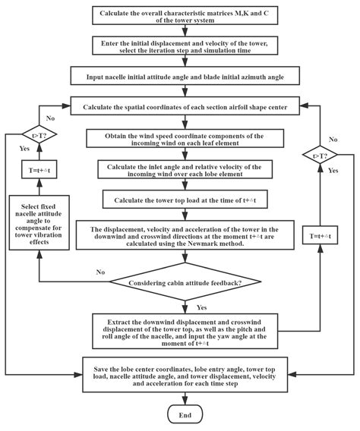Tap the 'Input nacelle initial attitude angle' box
[180, 77]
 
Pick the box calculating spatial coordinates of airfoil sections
[180, 106]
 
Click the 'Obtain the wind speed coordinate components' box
[180, 140]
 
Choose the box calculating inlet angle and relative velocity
[180, 171]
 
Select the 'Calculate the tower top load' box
[180, 200]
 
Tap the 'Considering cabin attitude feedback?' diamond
[180, 283]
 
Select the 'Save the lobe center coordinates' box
[180, 374]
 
